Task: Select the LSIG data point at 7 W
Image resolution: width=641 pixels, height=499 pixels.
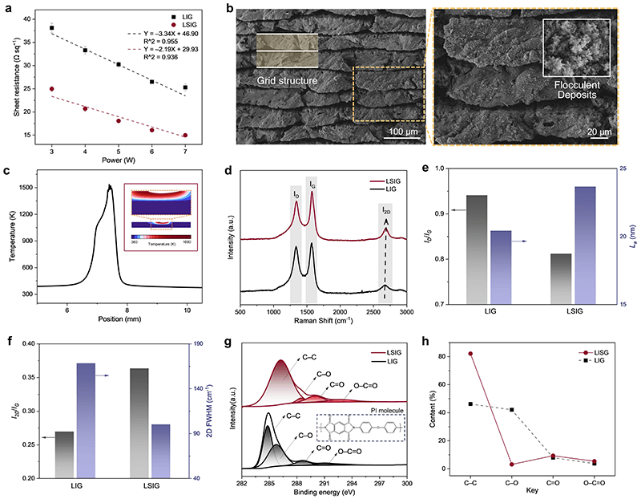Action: pyautogui.click(x=185, y=136)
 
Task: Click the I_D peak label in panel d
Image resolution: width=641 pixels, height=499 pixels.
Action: pyautogui.click(x=296, y=193)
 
